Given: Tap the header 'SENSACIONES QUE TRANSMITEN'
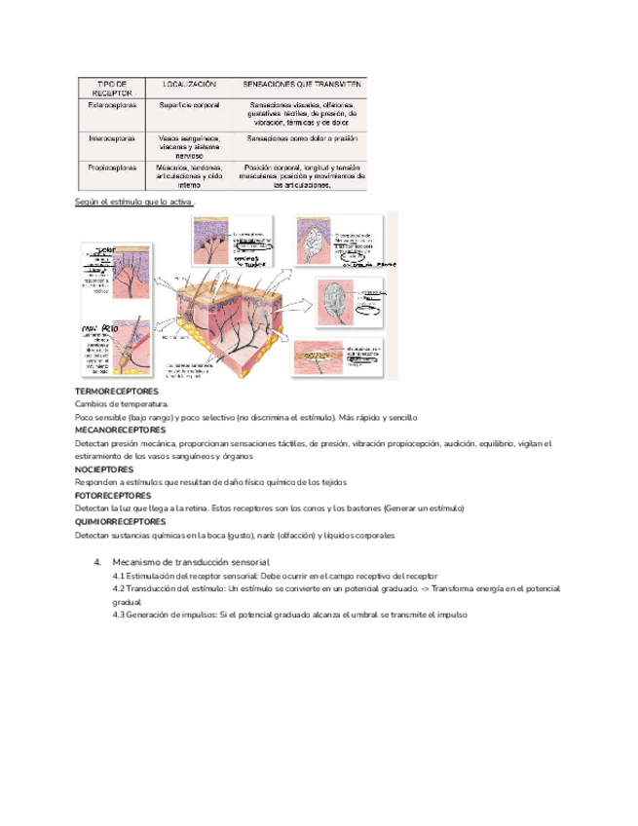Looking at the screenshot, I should pyautogui.click(x=303, y=85).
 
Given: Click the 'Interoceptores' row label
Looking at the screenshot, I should pyautogui.click(x=111, y=138).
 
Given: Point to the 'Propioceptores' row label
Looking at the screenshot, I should pyautogui.click(x=112, y=167).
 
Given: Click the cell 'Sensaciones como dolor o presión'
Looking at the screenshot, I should pyautogui.click(x=303, y=138).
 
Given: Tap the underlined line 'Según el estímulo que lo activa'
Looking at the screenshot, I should pyautogui.click(x=133, y=202).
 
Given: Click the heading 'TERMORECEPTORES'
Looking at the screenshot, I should pyautogui.click(x=116, y=391).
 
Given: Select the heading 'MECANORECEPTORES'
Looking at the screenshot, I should pyautogui.click(x=120, y=430).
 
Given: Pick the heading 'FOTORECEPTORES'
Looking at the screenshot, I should pyautogui.click(x=114, y=495).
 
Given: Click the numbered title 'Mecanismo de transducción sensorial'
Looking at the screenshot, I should pyautogui.click(x=190, y=562).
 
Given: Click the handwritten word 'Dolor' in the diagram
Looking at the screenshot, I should pyautogui.click(x=104, y=250).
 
